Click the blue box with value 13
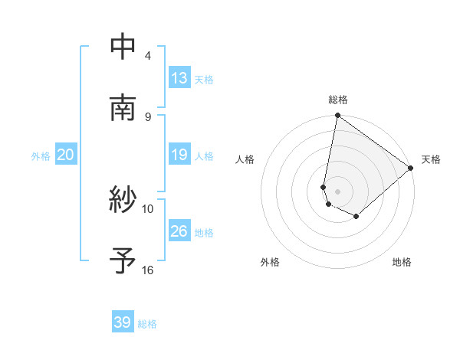(x=179, y=78)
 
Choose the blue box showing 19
(x=179, y=155)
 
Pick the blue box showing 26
(x=179, y=231)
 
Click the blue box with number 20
(x=65, y=155)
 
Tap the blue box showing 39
(x=123, y=322)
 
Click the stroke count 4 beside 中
(x=148, y=56)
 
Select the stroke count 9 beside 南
(x=148, y=116)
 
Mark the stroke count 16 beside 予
(x=148, y=270)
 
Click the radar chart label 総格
(x=338, y=100)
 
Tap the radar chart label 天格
(x=431, y=159)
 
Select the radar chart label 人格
(x=245, y=159)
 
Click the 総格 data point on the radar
(x=337, y=116)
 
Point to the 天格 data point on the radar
(x=411, y=168)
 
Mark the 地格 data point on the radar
(x=356, y=217)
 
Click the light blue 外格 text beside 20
(x=41, y=156)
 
